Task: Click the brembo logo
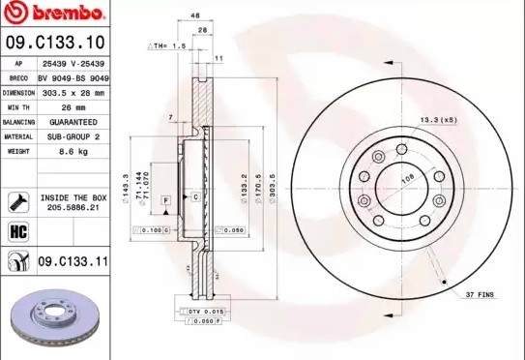56,14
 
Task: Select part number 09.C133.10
56,43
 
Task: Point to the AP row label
18,63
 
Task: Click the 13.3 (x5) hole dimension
438,119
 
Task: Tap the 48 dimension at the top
195,16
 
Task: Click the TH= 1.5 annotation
166,45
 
